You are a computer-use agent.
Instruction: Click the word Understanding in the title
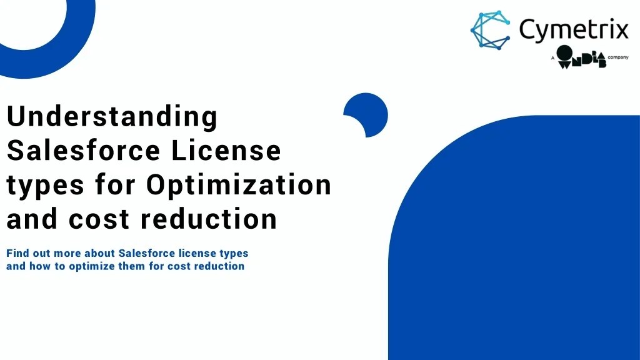112,117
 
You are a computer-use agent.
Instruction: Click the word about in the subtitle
98,254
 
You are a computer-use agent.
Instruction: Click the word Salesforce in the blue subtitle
146,254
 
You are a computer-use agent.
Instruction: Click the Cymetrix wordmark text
573,29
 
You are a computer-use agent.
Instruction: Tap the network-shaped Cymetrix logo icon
490,30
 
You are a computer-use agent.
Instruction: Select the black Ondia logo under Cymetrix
581,57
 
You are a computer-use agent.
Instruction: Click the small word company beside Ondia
618,57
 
